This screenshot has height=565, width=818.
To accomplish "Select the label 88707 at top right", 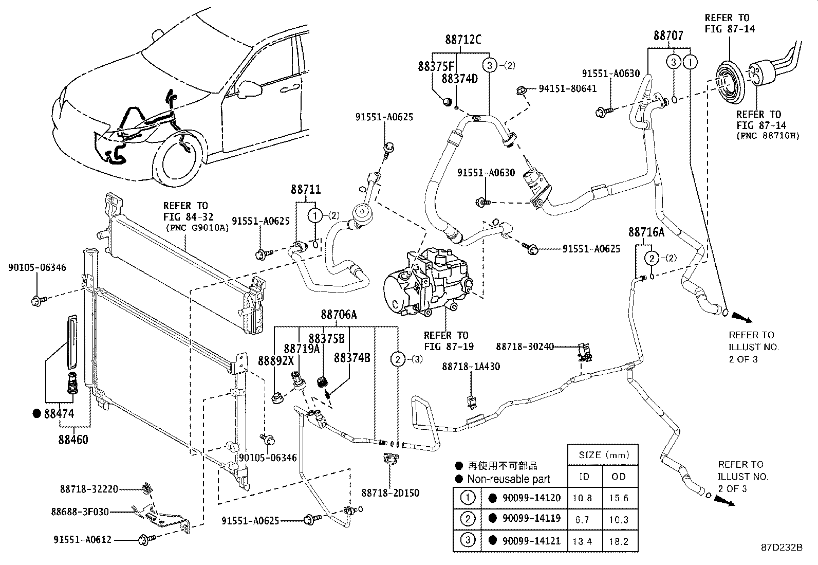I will (x=668, y=35).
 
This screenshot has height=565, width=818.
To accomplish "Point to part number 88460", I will (x=73, y=440).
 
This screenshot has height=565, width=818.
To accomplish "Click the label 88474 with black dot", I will (x=59, y=413).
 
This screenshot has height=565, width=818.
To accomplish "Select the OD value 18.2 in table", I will (x=619, y=541).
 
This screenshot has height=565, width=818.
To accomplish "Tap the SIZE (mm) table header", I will (x=603, y=455).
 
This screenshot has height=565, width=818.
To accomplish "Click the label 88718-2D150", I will (x=390, y=493).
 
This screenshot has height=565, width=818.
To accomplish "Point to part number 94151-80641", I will (x=568, y=88).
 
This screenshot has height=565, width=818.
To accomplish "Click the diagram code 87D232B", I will (x=782, y=548).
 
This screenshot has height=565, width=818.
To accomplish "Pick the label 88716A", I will (x=646, y=232).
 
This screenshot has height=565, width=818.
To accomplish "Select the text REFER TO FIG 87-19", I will (x=446, y=340).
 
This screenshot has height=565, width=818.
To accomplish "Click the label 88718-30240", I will (x=525, y=347).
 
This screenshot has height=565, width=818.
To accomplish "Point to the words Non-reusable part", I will (x=508, y=479).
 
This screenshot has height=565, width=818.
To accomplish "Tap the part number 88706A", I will (x=339, y=315).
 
